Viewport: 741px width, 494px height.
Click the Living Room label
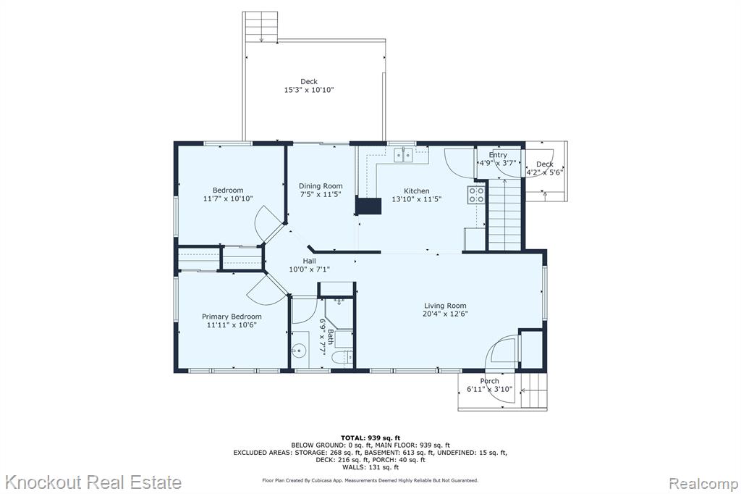[445, 306]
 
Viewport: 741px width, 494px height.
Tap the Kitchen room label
[416, 191]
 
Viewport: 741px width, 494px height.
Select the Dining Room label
[321, 186]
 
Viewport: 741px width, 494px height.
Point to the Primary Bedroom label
[232, 317]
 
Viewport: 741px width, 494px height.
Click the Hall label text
[310, 261]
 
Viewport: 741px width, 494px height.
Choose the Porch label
[489, 381]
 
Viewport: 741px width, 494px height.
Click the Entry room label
[498, 155]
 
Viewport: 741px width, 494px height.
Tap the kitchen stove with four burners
[476, 194]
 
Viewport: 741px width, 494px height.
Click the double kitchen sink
[403, 155]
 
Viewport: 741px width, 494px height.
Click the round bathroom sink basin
[299, 351]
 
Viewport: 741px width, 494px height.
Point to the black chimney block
[368, 206]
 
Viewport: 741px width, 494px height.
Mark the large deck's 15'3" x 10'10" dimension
[308, 90]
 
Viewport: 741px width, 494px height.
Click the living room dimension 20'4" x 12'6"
[445, 314]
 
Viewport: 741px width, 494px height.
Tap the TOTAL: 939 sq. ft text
[370, 438]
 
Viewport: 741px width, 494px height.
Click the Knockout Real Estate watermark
[93, 482]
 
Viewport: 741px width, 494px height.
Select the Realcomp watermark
[703, 484]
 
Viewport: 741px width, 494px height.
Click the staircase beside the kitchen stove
[504, 215]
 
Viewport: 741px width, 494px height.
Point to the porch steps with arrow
[534, 390]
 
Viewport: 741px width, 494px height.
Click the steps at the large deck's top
[261, 27]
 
